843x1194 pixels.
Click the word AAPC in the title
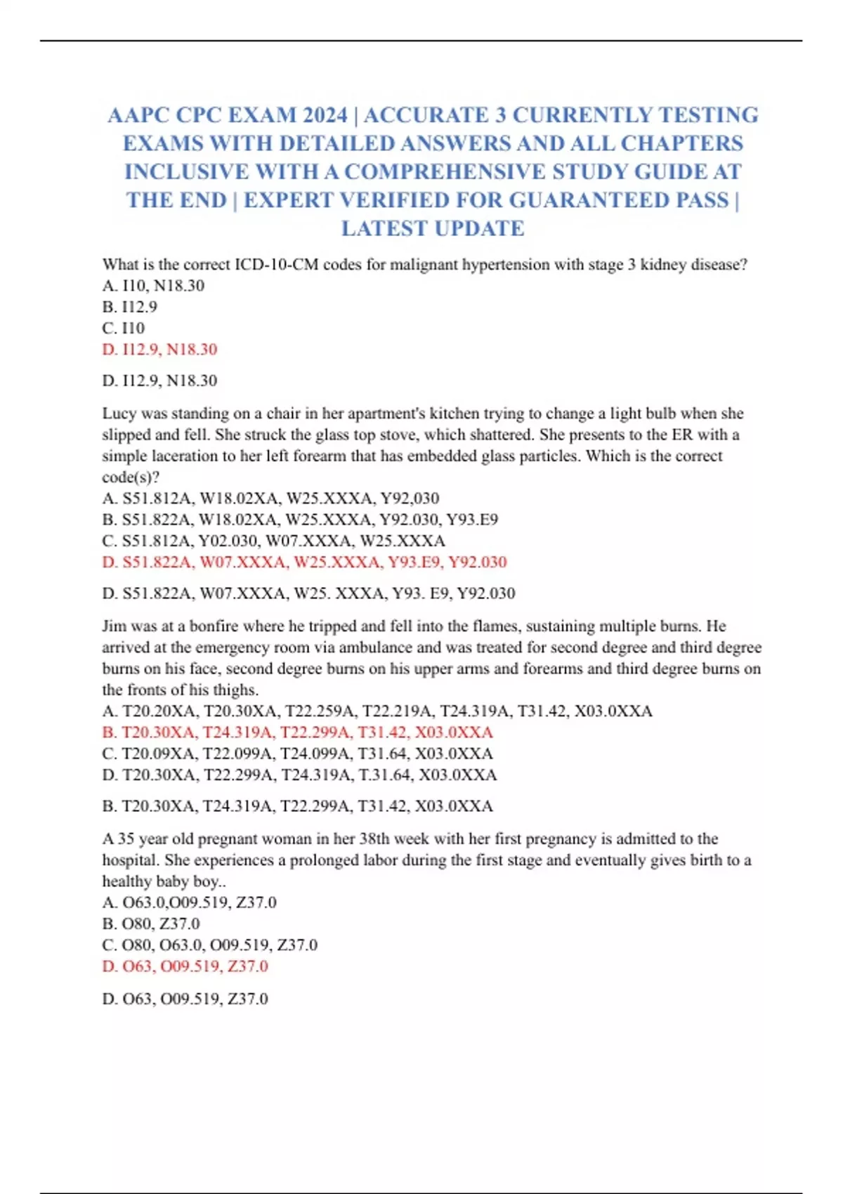tap(138, 115)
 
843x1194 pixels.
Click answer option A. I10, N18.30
tap(153, 286)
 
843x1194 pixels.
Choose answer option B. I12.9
tap(129, 307)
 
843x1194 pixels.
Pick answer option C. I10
tap(123, 328)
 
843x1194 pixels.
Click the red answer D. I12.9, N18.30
tap(159, 349)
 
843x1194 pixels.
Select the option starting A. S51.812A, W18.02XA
tap(270, 499)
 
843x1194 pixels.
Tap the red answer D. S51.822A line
tap(304, 562)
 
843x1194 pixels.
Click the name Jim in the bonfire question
tap(114, 626)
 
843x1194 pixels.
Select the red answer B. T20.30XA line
tap(297, 733)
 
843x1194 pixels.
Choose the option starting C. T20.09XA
tap(297, 754)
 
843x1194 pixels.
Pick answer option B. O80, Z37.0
tap(151, 924)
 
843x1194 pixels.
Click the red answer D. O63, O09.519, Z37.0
tap(185, 966)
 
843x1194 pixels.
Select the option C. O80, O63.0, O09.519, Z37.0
tap(209, 945)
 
